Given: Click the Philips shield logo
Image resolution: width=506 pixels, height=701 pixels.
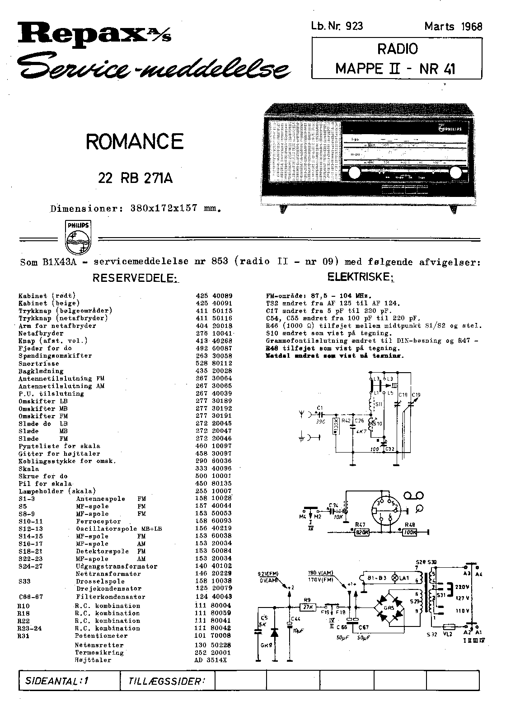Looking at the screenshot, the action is (78, 238).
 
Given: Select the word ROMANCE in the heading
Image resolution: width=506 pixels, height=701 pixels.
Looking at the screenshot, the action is (135, 142).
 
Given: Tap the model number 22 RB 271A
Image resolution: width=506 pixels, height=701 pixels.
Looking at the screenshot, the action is (136, 179).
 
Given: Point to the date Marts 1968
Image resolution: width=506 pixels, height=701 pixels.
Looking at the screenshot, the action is (453, 26).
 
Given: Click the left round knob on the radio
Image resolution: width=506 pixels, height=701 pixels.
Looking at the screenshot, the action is (354, 173).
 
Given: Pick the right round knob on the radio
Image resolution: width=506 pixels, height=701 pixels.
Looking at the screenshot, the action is (456, 173).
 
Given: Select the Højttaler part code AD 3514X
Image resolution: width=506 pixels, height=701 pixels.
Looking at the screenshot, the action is (210, 660).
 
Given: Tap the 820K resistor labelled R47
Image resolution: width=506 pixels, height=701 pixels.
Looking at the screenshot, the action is (361, 532).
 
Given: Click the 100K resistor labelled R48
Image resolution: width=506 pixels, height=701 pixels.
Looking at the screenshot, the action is (410, 532).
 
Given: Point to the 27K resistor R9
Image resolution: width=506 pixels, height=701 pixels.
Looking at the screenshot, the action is (309, 608).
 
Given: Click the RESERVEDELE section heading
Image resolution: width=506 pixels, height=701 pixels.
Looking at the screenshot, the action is (136, 278).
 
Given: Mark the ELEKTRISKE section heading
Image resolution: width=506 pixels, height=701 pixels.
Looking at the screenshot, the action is (361, 277).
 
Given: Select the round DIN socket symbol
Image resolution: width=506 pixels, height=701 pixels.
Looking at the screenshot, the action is (385, 511).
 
